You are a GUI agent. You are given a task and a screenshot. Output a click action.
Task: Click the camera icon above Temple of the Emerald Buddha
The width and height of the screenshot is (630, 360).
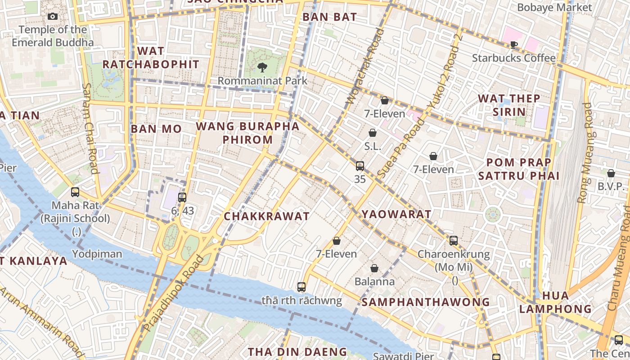[53, 17]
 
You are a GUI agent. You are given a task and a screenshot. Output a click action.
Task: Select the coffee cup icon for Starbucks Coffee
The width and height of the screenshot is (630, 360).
[513, 45]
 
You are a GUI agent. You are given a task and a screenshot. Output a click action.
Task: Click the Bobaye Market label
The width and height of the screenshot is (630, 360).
[554, 8]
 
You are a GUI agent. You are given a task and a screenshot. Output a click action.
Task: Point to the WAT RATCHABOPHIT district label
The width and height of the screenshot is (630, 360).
[151, 58]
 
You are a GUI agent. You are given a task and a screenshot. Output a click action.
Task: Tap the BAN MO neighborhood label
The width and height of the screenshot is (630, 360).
[156, 129]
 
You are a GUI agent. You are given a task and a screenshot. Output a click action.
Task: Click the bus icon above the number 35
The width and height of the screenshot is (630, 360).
[360, 166]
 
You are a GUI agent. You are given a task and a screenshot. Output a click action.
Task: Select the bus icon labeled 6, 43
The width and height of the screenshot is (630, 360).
[182, 197]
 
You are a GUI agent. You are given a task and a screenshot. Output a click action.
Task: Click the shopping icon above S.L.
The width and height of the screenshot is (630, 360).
[373, 133]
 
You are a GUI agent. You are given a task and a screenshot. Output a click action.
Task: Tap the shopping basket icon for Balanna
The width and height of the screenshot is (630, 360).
[374, 269]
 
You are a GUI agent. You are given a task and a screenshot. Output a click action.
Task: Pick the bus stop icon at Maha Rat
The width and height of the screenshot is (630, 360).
[75, 192]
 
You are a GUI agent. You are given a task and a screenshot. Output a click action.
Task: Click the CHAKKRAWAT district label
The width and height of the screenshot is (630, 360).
[267, 216]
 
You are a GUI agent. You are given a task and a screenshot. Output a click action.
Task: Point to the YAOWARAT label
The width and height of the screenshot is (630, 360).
[396, 214]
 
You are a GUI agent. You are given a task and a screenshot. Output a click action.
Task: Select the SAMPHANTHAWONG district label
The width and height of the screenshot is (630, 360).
[425, 302]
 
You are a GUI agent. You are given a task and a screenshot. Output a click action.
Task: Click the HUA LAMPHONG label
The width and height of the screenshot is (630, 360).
[555, 302]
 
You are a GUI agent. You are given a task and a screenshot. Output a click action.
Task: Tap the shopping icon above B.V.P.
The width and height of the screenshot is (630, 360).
[611, 173]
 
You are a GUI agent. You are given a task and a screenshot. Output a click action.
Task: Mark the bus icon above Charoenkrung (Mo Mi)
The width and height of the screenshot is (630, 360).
[454, 241]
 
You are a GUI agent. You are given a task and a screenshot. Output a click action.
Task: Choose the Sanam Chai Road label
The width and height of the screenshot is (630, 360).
[90, 128]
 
